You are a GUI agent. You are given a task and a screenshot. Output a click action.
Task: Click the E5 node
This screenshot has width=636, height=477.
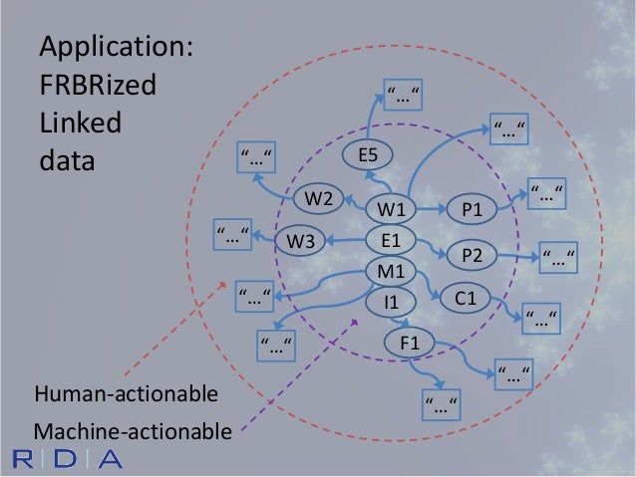click(x=369, y=154)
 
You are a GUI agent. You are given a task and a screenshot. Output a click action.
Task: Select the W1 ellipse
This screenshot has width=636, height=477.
click(x=390, y=209)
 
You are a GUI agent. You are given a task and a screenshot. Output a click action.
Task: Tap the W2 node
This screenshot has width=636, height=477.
click(x=318, y=198)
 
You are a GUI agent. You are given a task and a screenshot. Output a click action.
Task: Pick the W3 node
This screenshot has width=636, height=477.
click(x=300, y=240)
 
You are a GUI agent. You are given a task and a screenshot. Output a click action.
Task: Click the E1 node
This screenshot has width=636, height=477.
click(x=390, y=240)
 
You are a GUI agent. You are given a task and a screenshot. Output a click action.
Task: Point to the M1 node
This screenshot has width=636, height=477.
click(x=390, y=270)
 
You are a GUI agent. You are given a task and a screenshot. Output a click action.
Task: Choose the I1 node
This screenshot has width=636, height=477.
click(x=390, y=300)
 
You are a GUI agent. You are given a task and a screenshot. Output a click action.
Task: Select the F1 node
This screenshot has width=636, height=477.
click(x=410, y=344)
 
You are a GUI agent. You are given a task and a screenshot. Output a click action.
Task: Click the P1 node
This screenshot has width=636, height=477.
click(x=473, y=209)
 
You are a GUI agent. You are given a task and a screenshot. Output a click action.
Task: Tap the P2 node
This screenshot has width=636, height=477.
click(x=473, y=255)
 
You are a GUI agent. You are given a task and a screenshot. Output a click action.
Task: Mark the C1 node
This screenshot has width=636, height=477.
click(x=466, y=298)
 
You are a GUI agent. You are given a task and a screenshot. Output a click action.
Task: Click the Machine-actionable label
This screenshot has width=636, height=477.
click(x=133, y=431)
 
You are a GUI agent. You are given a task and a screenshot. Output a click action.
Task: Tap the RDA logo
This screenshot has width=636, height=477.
click(x=68, y=459)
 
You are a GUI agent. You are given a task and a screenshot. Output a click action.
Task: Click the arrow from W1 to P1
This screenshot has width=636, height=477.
click(x=431, y=209)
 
